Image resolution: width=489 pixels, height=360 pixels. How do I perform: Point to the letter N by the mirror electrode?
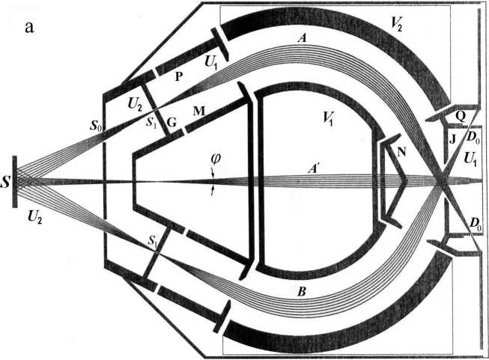click(402, 152)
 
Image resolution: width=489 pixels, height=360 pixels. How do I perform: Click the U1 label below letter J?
click(472, 158)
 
